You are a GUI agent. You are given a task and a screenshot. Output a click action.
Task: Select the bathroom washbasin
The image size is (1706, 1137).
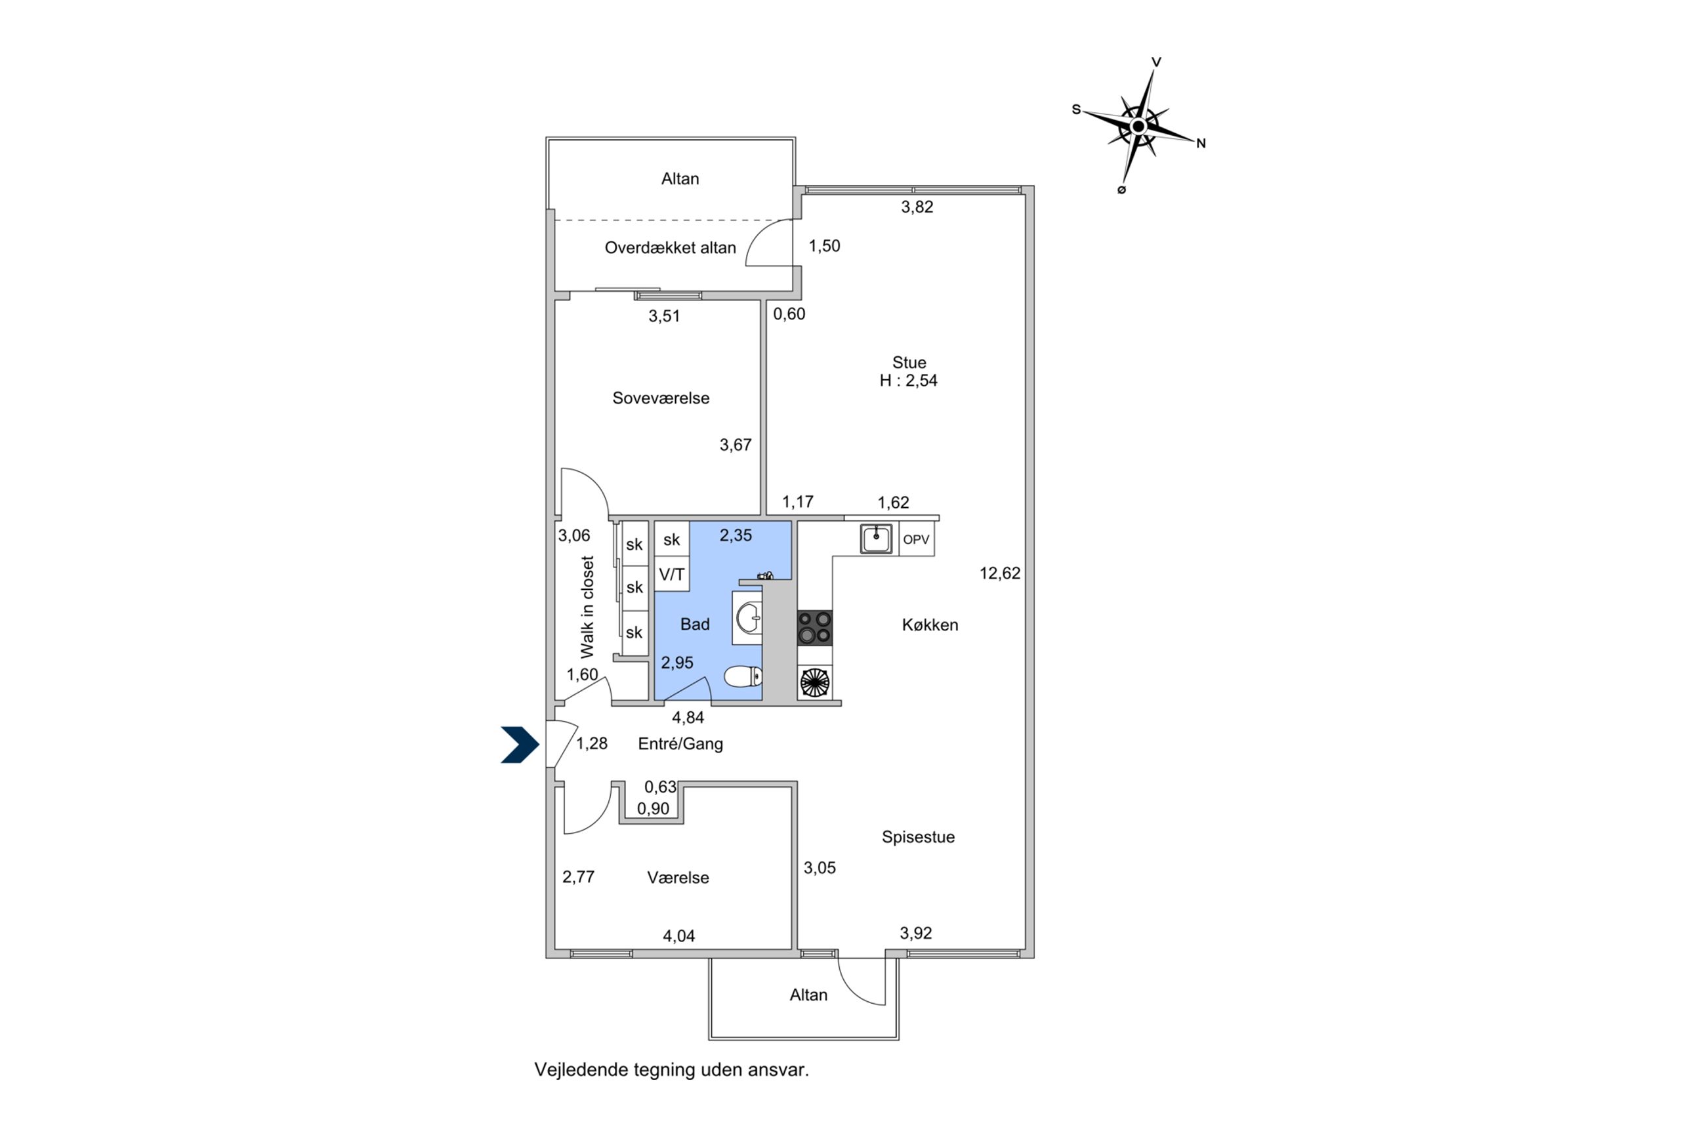pyautogui.click(x=748, y=619)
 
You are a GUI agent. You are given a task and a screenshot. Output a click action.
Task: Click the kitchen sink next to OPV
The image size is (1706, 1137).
pyautogui.click(x=876, y=539)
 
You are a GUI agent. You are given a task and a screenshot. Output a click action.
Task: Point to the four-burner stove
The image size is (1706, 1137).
pyautogui.click(x=814, y=628)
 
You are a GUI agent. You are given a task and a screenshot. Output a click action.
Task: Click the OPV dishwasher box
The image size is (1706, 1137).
pyautogui.click(x=916, y=539)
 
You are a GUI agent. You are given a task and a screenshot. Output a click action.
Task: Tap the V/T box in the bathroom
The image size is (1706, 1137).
pyautogui.click(x=671, y=575)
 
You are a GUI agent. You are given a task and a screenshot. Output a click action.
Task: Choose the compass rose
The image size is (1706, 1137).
pyautogui.click(x=1138, y=127)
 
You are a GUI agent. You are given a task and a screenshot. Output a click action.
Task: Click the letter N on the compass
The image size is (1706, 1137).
pyautogui.click(x=1201, y=144)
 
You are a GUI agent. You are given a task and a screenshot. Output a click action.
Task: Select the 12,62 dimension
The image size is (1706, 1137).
pyautogui.click(x=1000, y=573)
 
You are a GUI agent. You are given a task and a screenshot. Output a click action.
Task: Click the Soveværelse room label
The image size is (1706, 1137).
pyautogui.click(x=661, y=398)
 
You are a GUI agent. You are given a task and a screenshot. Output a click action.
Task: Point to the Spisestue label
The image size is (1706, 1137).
pyautogui.click(x=918, y=837)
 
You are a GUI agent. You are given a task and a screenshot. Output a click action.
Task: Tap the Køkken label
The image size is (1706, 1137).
pyautogui.click(x=930, y=625)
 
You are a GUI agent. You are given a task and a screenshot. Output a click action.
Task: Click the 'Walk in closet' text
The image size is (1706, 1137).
pyautogui.click(x=587, y=607)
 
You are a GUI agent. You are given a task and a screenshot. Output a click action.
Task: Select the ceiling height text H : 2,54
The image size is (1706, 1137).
pyautogui.click(x=909, y=381)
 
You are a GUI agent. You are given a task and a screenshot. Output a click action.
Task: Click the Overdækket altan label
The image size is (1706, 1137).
pyautogui.click(x=670, y=248)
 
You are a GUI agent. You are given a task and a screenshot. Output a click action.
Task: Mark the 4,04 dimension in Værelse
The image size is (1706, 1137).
pyautogui.click(x=678, y=936)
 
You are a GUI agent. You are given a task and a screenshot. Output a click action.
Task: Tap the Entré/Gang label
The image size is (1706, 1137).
pyautogui.click(x=680, y=743)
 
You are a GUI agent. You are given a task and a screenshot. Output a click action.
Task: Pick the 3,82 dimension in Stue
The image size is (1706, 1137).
pyautogui.click(x=917, y=207)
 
